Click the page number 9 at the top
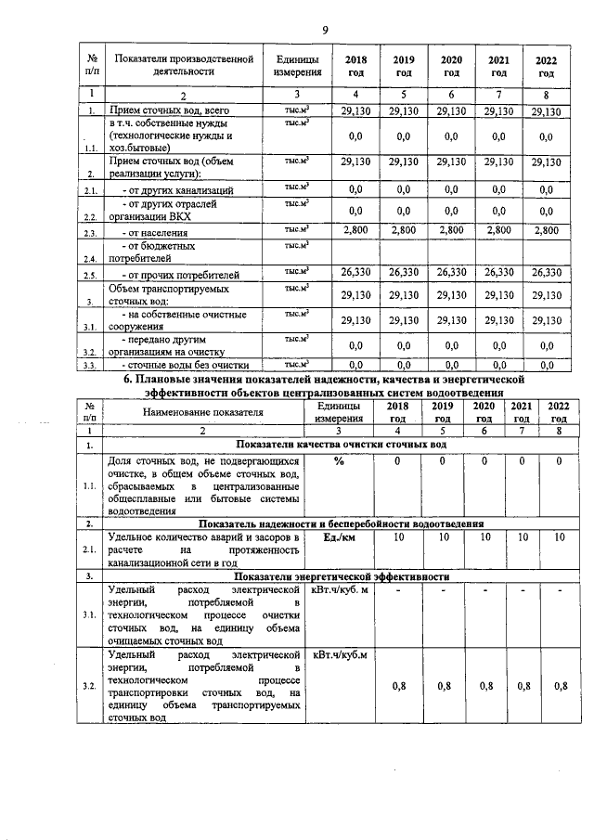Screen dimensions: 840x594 coord(299,27)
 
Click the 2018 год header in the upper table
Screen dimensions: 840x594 coord(356,66)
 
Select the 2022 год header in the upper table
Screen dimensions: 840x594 coord(547,66)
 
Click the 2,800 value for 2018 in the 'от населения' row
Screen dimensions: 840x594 coord(356,230)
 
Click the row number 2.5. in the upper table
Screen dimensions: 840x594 coord(91,276)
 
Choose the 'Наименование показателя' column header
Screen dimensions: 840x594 coord(203,412)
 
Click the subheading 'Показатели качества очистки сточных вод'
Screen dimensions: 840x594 coord(341,445)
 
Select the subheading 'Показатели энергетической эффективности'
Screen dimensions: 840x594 coord(341,576)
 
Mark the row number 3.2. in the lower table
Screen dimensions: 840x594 coord(89,686)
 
